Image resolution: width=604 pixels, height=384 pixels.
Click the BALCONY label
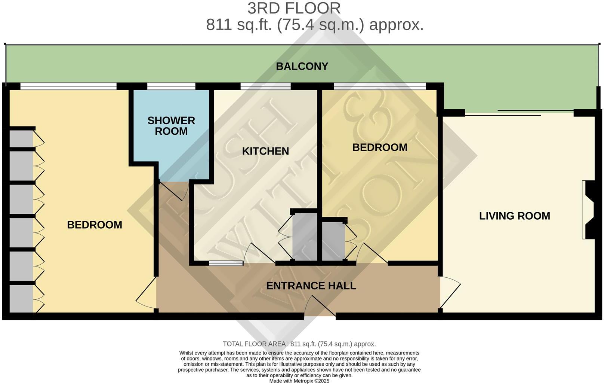(302, 66)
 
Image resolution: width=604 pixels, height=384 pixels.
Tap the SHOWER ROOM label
(171, 126)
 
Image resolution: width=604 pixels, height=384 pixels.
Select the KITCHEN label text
(265, 151)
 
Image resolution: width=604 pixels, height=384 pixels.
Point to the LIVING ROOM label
(514, 216)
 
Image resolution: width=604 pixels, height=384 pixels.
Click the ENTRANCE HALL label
(311, 286)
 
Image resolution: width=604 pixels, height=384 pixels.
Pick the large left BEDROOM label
(95, 225)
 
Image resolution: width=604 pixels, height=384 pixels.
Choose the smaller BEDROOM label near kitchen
(380, 147)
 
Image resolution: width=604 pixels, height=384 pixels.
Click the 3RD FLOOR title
(294, 8)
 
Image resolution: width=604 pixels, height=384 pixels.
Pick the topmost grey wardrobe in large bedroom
(21, 138)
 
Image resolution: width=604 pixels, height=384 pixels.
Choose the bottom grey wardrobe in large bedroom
(21, 299)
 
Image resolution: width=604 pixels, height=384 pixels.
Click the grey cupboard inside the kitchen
(304, 236)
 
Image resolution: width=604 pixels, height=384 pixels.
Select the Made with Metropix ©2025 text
(299, 381)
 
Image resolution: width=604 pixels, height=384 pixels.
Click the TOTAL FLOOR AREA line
(299, 344)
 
